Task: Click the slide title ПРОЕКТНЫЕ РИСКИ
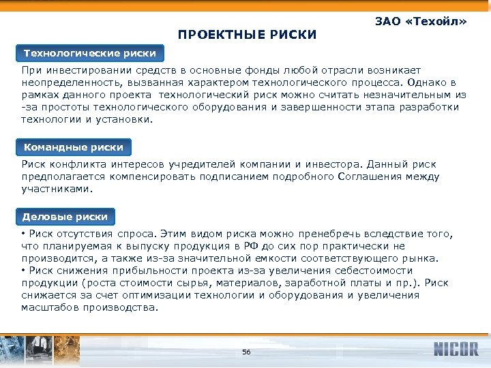click(247, 34)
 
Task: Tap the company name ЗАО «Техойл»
click(421, 22)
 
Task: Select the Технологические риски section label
click(89, 53)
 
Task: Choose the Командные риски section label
click(74, 147)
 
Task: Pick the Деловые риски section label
click(65, 217)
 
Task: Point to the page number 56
click(246, 352)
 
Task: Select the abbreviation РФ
click(267, 247)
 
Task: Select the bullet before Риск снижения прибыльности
click(24, 271)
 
